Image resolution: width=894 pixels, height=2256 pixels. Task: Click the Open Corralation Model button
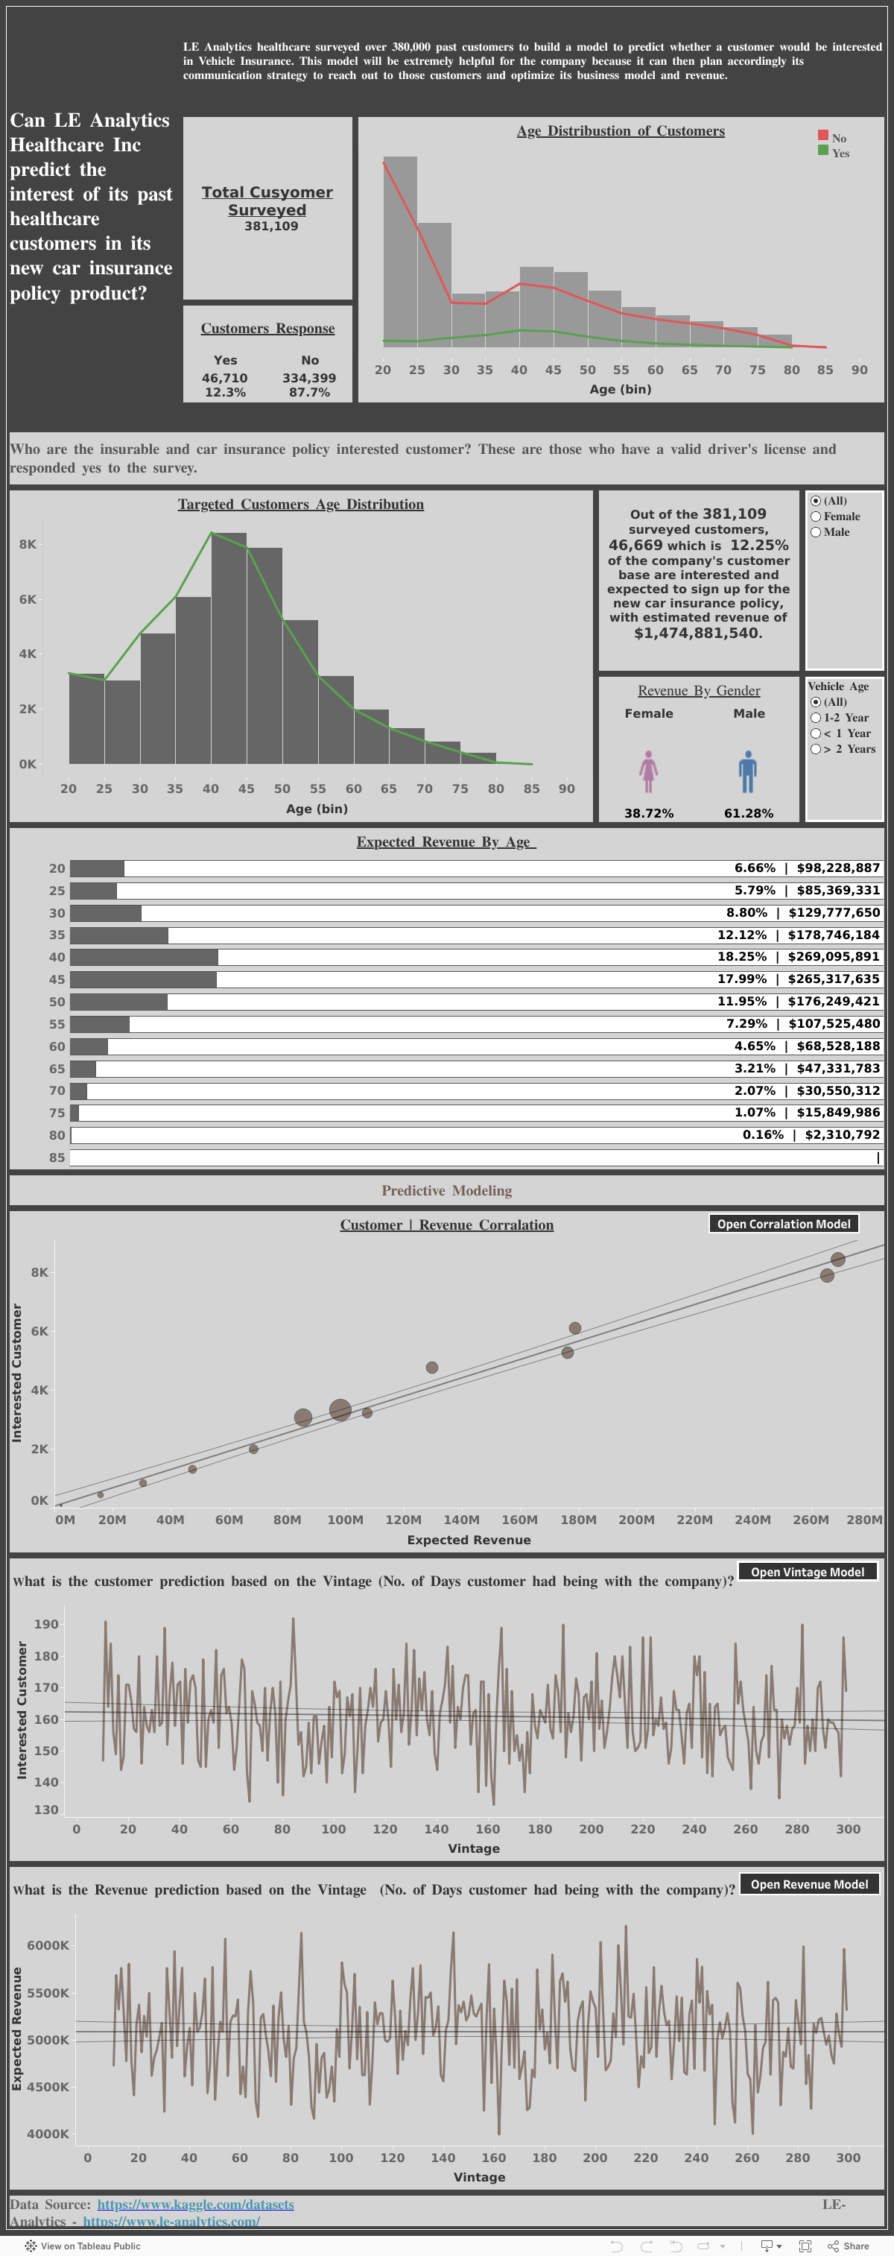783,1224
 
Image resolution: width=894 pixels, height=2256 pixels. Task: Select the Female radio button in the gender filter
815,516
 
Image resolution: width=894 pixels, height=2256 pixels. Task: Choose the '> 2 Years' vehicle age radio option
815,749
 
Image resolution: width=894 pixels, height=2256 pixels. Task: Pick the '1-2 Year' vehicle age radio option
815,717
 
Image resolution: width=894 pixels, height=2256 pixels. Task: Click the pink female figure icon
648,771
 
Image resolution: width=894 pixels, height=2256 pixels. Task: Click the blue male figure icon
747,771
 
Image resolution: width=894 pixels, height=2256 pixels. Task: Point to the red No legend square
823,136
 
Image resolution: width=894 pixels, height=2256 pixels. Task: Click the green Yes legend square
823,151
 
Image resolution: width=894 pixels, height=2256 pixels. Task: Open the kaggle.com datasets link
195,2205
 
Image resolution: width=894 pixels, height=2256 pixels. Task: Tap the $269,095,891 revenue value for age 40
833,956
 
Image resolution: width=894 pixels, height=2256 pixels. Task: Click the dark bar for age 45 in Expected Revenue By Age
143,979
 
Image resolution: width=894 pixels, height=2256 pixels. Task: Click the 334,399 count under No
309,379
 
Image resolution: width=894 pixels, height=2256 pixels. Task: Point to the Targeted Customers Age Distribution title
300,505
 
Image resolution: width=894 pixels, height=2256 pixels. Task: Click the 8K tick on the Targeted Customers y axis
28,544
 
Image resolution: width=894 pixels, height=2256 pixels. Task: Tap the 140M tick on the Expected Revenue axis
460,1520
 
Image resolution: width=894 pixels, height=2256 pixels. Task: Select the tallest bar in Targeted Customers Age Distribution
229,648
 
